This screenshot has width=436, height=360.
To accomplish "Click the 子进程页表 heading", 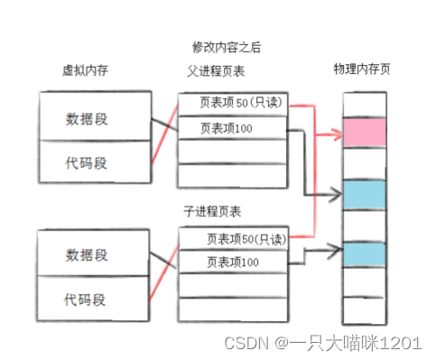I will coord(213,213).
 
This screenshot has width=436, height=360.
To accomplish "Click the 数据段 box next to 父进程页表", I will coord(91,118).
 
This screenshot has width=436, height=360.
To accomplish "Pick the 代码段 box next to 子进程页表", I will coord(91,297).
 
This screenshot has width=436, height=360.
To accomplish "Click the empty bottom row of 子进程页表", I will coord(231,309).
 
